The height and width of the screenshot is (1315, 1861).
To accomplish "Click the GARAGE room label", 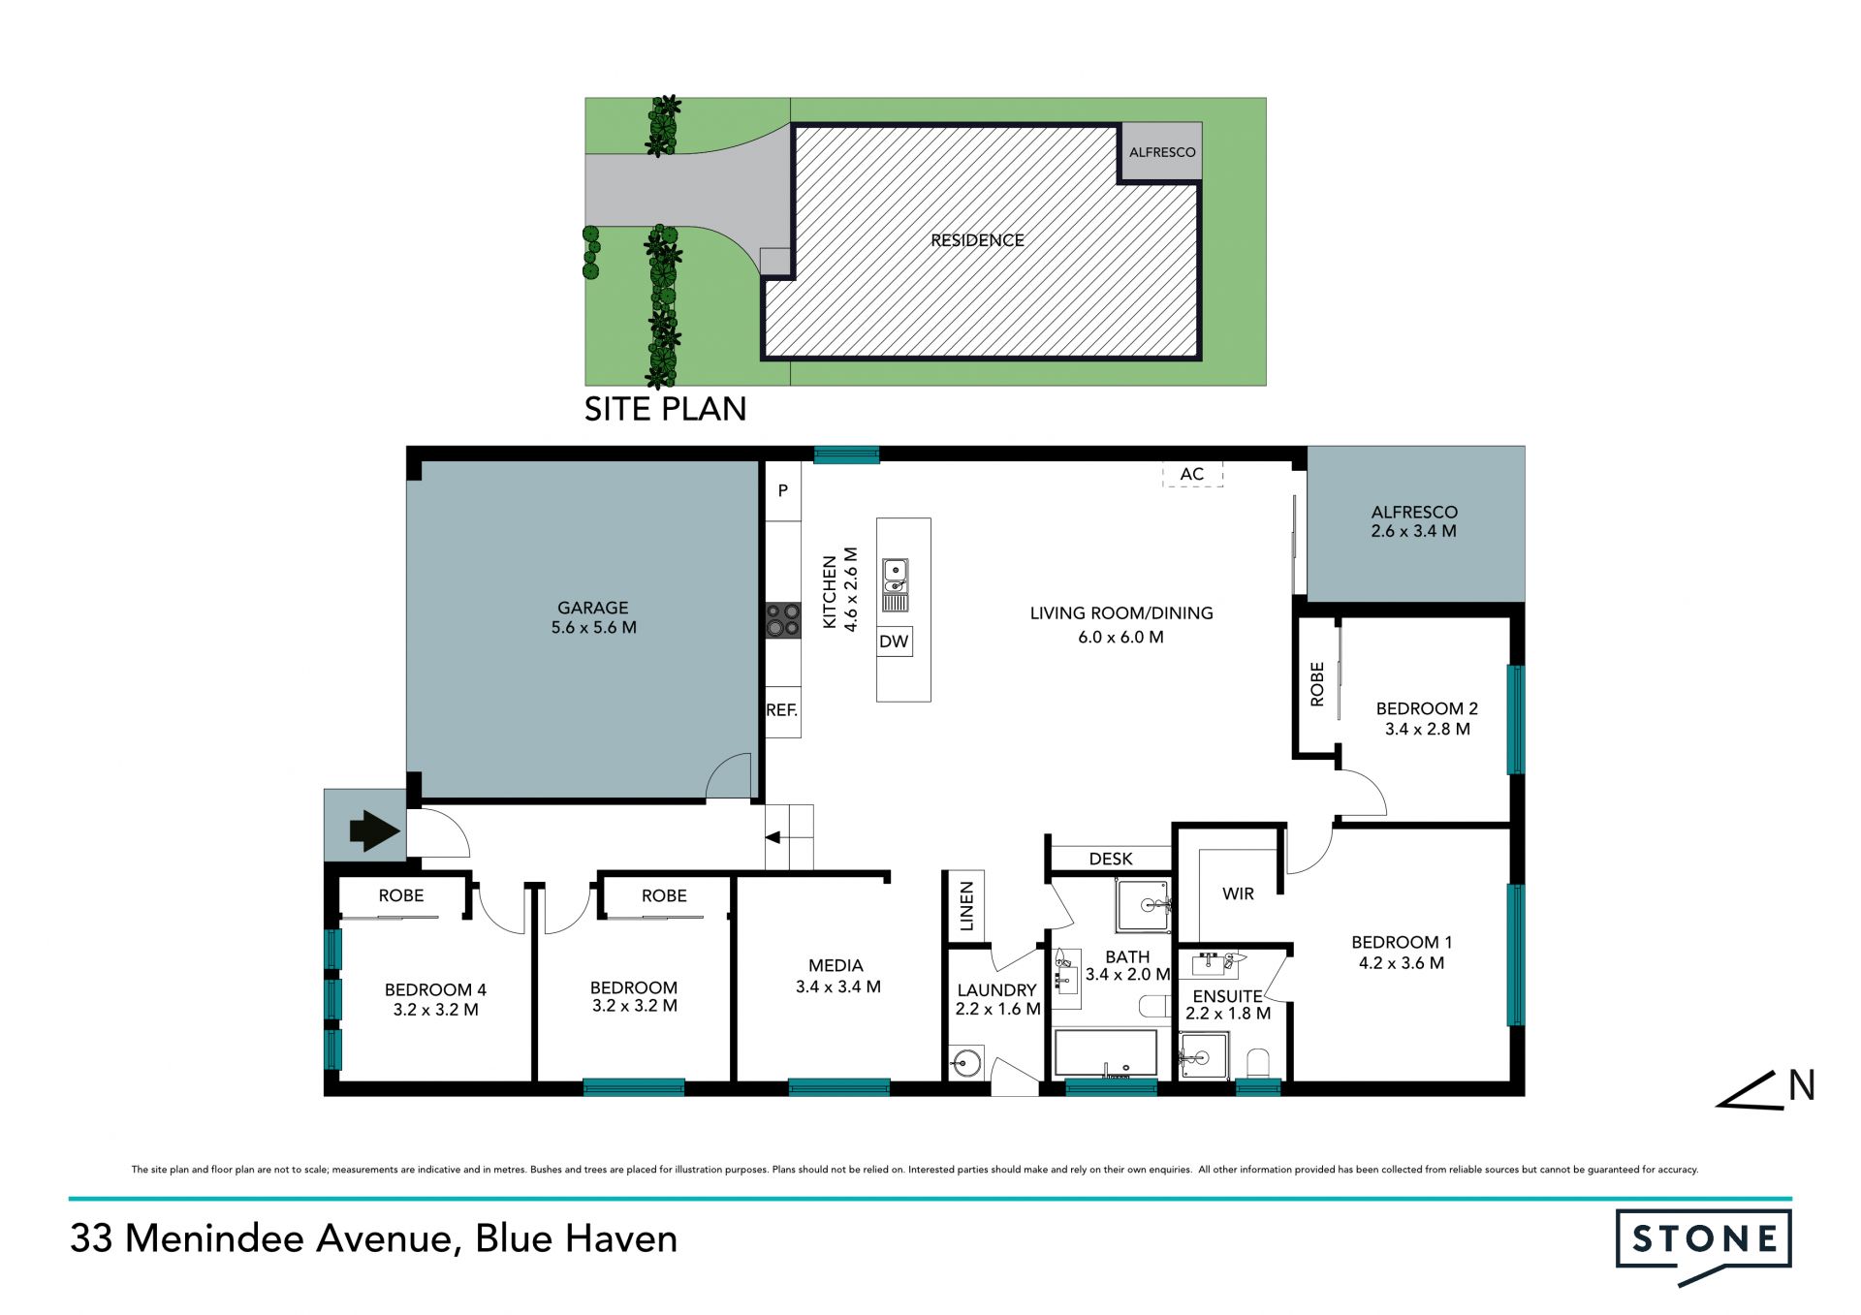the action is tap(592, 608).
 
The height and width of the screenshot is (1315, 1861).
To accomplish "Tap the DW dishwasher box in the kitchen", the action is tap(894, 642).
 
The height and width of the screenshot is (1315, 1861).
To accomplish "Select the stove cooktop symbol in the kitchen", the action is tap(783, 620).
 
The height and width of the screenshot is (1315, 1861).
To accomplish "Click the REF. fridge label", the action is tap(781, 710).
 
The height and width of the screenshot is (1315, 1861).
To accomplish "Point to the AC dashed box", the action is tap(1192, 474).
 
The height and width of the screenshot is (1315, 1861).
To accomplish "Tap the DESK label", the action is tap(1111, 859).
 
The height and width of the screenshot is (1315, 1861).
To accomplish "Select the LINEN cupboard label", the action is tap(966, 906).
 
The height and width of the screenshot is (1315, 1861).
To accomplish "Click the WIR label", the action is tap(1238, 893).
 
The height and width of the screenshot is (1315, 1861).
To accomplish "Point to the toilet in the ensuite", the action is tap(1258, 1063).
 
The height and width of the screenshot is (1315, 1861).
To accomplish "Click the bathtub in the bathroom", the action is tap(1105, 1053).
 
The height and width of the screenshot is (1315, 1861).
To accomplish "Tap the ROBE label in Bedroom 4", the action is tap(401, 895).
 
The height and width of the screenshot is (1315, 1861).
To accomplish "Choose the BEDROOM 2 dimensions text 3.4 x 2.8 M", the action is tap(1427, 729).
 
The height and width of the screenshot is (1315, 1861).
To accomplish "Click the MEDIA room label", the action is tap(836, 965).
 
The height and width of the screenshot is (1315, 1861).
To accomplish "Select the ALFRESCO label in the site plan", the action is tap(1162, 152).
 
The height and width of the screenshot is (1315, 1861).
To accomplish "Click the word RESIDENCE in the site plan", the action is tap(977, 240).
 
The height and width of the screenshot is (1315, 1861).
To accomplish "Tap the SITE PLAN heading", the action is tap(665, 409).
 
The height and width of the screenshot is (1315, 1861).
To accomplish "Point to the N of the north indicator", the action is tap(1802, 1085).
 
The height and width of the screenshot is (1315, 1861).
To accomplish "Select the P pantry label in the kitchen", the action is tap(783, 490).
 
